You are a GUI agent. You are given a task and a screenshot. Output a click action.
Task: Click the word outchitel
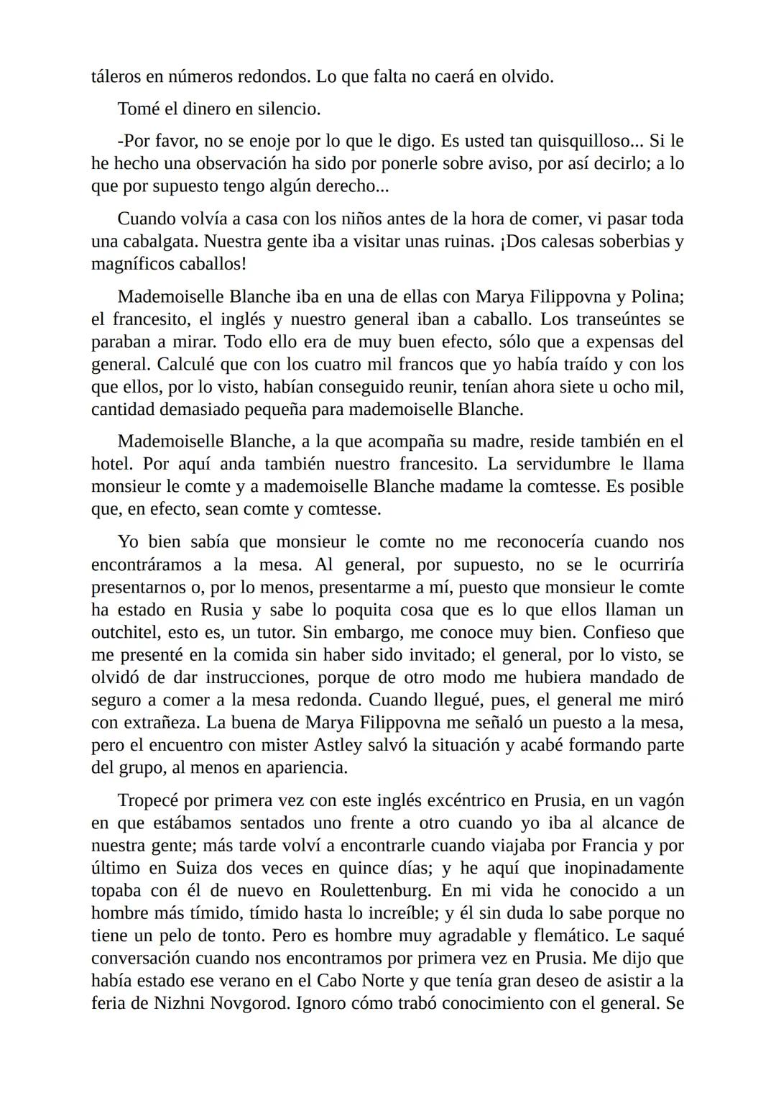(126, 633)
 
